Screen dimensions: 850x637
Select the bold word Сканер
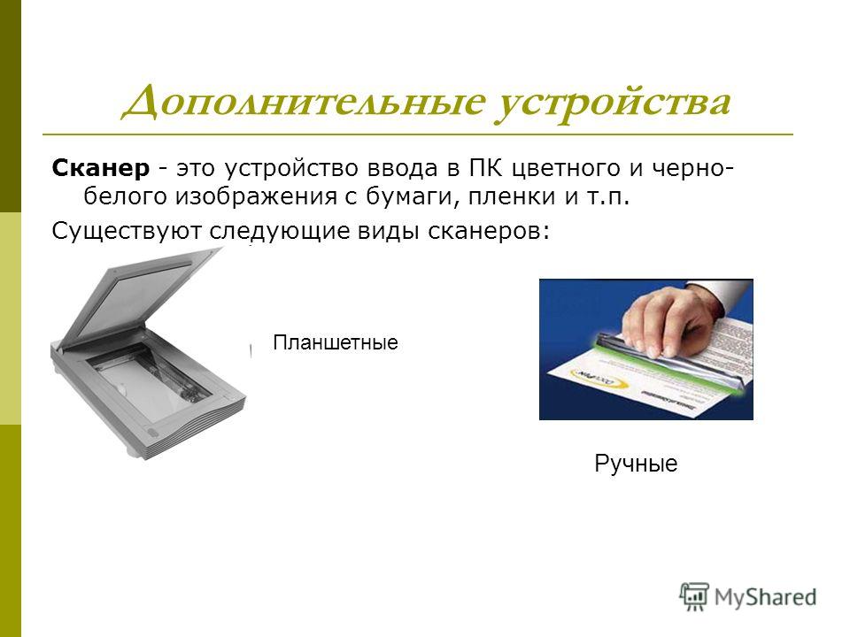tap(100, 168)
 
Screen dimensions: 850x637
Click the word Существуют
tap(127, 231)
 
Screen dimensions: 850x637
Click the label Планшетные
tap(336, 342)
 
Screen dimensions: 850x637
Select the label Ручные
tap(636, 464)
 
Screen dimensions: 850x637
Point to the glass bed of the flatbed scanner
tap(151, 380)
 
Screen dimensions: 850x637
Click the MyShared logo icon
tap(694, 596)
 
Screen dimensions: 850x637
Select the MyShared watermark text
tap(765, 597)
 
